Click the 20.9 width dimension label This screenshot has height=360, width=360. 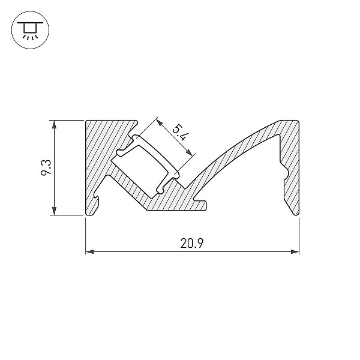point(192,244)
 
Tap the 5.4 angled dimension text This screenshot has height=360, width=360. point(179,133)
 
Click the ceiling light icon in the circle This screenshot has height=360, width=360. point(30,30)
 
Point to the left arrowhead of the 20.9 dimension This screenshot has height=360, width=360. point(89,251)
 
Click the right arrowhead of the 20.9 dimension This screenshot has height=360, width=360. point(295,251)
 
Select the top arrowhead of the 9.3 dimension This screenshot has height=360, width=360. point(54,124)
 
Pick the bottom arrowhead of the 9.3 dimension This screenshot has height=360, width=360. point(54,211)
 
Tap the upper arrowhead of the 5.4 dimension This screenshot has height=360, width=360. point(160,122)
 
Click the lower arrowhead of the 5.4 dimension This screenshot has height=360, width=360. point(189,152)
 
